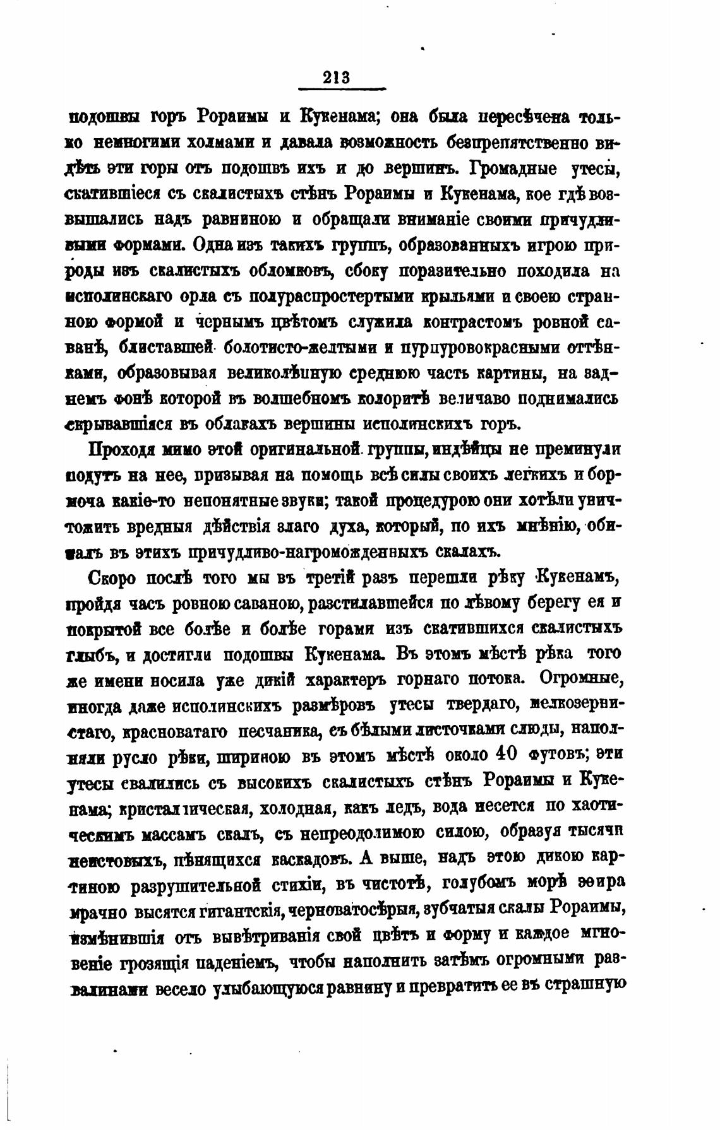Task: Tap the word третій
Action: click(x=329, y=579)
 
